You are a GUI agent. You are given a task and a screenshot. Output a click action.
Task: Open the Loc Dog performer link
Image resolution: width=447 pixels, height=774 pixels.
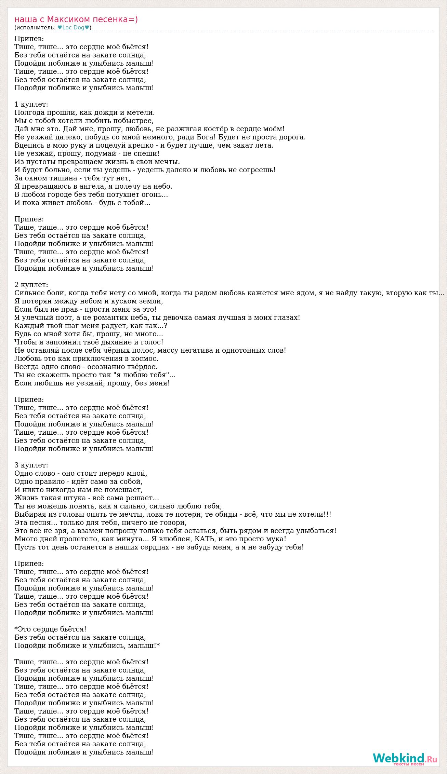point(74,28)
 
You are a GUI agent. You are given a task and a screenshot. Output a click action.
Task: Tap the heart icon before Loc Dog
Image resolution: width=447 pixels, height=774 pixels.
point(60,28)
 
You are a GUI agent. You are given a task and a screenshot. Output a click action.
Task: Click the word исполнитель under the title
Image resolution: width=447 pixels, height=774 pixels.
point(35,28)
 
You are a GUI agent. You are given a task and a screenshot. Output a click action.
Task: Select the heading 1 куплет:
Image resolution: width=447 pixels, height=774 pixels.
point(31,104)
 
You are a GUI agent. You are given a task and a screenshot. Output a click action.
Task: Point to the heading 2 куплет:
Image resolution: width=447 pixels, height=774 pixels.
point(31,285)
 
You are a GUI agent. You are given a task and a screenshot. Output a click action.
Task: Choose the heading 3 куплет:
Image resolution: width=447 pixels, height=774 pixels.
point(31,465)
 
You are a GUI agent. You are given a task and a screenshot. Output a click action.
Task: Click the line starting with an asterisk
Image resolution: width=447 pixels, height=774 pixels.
point(50,629)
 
